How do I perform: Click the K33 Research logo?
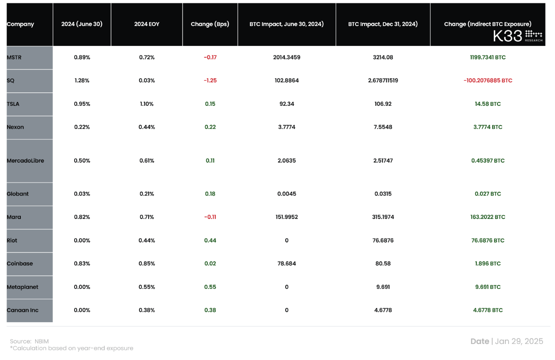(518, 36)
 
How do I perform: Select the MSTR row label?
(14, 57)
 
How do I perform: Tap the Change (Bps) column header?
(210, 24)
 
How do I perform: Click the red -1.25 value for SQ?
(210, 81)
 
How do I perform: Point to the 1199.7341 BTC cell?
(488, 57)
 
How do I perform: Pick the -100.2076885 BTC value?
(488, 81)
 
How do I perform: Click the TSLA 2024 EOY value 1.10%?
(147, 104)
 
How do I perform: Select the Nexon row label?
(16, 127)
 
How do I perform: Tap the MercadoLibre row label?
(25, 160)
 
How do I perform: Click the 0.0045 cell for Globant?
(287, 194)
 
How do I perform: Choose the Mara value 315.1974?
(383, 217)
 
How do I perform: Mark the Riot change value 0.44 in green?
(210, 240)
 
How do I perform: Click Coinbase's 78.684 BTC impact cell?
(287, 264)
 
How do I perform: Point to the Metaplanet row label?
(23, 287)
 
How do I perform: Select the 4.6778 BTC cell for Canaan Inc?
(488, 310)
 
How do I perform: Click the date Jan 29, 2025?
(518, 341)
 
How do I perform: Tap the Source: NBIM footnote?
(29, 341)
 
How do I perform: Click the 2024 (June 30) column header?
(82, 24)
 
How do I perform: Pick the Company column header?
(20, 24)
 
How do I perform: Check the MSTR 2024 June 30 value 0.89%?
(82, 57)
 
